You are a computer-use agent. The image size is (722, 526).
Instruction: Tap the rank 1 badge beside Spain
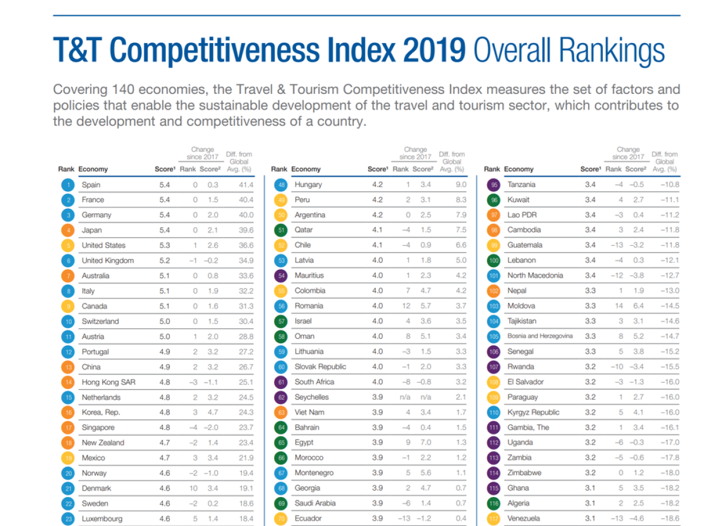pos(68,185)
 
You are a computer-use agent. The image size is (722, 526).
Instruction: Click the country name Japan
pos(91,230)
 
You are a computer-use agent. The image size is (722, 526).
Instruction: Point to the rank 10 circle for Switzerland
pos(68,322)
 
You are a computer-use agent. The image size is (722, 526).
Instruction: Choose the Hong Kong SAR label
pos(109,382)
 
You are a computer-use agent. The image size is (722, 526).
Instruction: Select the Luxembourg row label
pos(102,519)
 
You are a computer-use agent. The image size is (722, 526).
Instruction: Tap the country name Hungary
pos(309,185)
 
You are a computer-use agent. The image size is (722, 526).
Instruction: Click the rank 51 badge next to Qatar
pos(281,230)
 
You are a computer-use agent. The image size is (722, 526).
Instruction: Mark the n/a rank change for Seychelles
pos(405,397)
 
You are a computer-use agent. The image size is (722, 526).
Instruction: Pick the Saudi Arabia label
pos(315,504)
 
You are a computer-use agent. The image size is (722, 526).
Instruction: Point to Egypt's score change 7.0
pos(425,443)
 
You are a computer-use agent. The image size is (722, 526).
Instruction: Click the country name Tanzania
pos(521,185)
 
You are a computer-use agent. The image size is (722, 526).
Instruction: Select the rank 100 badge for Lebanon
pos(494,260)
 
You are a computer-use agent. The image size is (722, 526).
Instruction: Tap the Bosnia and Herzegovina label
pos(540,336)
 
